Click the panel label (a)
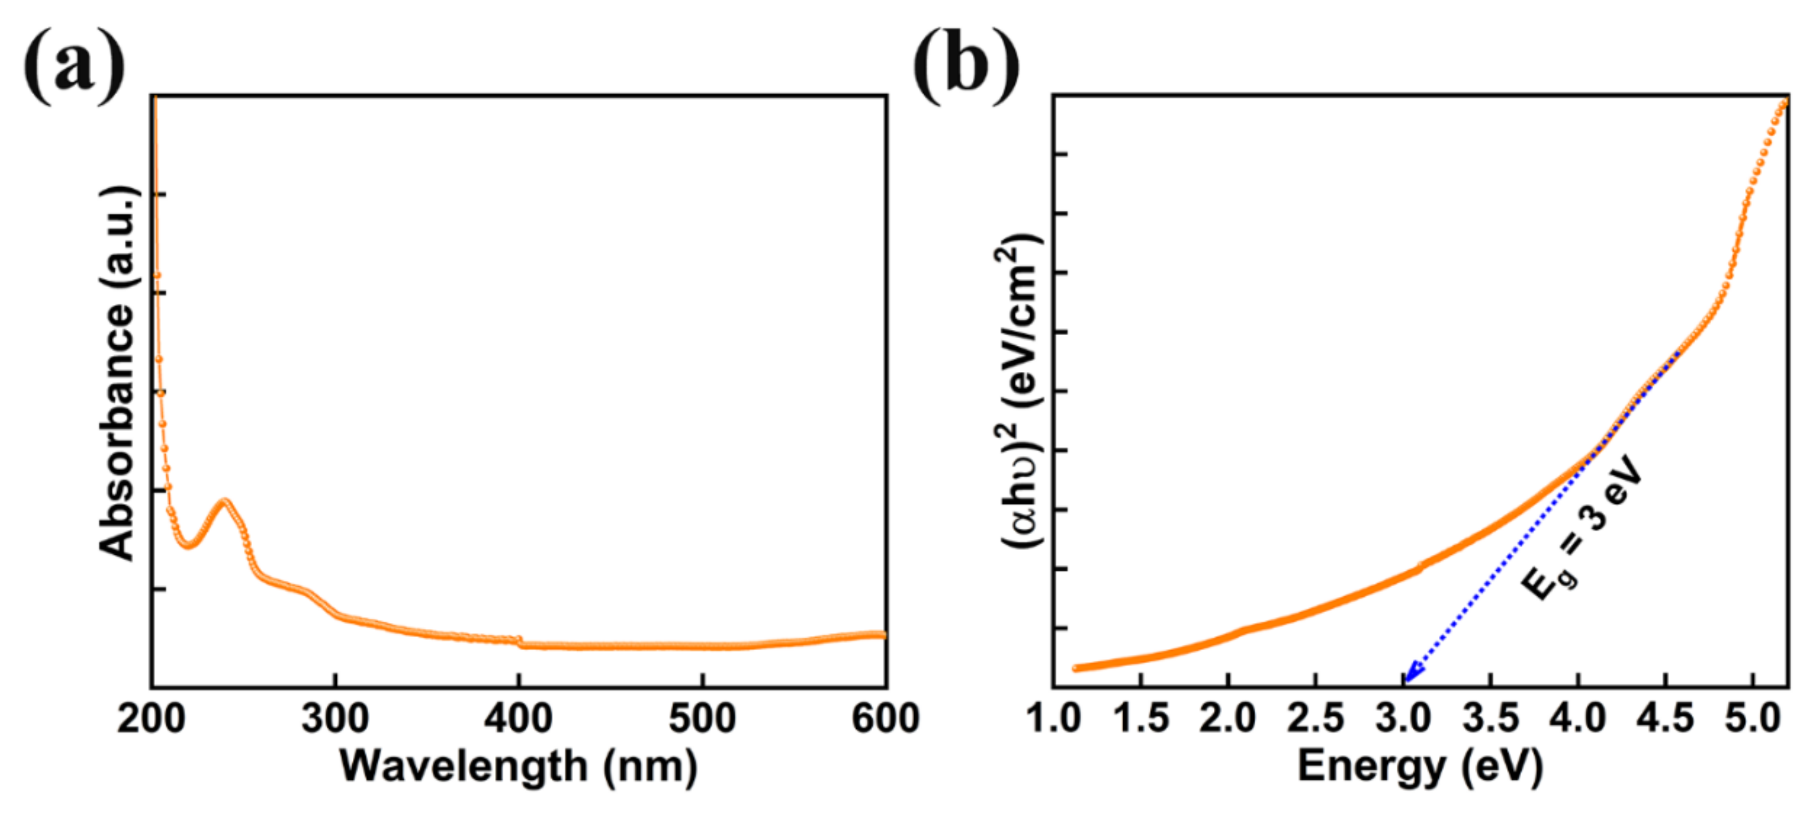click(x=74, y=66)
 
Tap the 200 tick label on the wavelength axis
click(x=151, y=719)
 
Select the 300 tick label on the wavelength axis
click(x=335, y=719)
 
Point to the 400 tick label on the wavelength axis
click(x=519, y=719)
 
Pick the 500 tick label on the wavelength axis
click(x=702, y=719)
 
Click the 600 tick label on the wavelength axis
click(x=885, y=719)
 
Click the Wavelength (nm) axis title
click(x=519, y=767)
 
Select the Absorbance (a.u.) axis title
click(x=116, y=373)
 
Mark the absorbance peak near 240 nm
click(x=225, y=502)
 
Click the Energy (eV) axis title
click(x=1420, y=767)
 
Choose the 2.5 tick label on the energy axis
click(x=1315, y=719)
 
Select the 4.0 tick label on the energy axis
click(x=1578, y=719)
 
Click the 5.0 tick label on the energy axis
click(x=1753, y=719)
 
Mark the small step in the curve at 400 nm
click(x=520, y=641)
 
